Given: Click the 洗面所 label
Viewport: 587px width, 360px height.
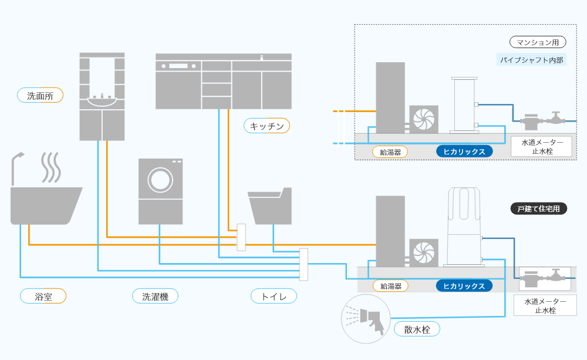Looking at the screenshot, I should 40,95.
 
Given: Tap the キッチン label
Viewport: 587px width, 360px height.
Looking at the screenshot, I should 266,126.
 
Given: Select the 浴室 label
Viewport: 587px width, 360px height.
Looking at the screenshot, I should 43,297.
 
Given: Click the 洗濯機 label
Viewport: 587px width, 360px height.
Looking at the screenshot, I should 155,297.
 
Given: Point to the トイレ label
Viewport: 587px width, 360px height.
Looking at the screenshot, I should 274,297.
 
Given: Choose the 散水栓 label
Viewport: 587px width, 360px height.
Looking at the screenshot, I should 417,329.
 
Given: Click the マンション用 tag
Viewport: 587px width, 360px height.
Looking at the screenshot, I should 538,42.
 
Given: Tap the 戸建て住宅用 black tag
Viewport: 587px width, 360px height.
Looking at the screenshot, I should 538,208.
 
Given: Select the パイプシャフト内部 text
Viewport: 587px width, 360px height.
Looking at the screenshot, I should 532,59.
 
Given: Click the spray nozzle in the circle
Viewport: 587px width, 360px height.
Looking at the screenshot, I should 370,318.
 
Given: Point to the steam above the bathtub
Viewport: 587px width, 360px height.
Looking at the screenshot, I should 50,167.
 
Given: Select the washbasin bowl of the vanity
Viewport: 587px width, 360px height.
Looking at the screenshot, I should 102,102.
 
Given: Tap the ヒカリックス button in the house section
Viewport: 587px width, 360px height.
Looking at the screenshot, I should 464,286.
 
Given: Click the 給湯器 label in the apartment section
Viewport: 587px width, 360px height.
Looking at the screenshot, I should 390,152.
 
